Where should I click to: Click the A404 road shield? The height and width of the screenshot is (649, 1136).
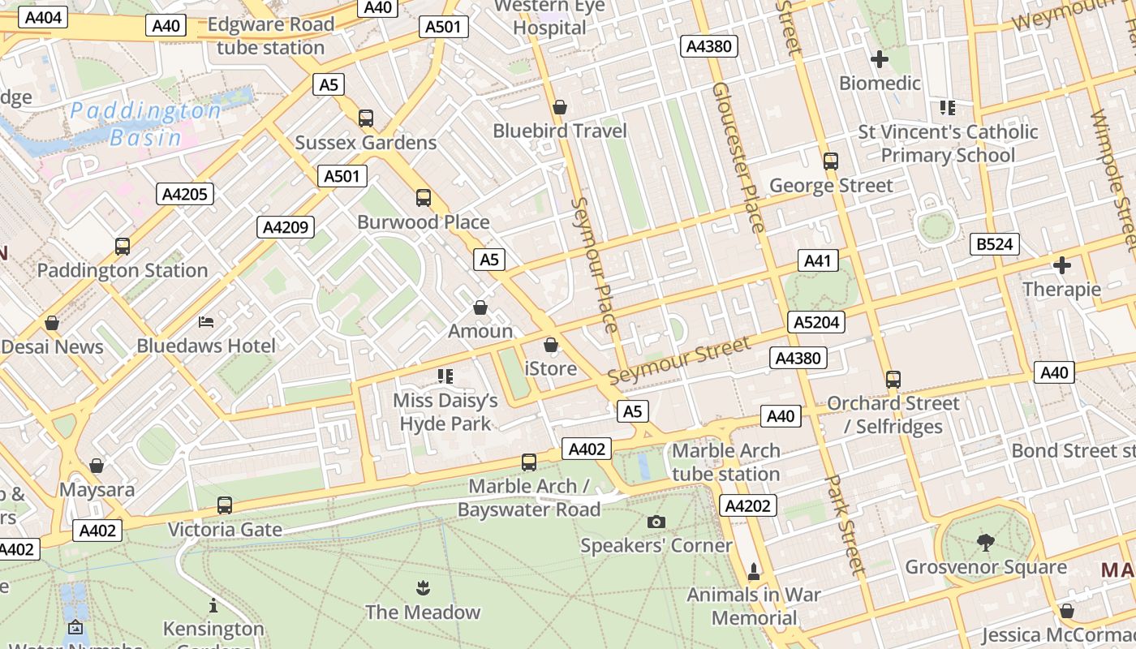click(41, 18)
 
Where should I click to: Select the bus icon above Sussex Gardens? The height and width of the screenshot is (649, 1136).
click(366, 118)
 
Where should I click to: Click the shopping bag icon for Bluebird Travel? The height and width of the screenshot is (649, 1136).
click(559, 107)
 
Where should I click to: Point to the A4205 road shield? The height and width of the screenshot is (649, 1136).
click(186, 194)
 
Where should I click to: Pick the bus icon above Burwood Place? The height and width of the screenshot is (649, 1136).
click(423, 198)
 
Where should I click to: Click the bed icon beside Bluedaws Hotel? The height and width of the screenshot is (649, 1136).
click(206, 322)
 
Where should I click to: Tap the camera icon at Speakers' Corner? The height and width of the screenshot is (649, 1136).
click(656, 522)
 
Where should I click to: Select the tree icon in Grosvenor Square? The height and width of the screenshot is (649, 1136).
click(986, 542)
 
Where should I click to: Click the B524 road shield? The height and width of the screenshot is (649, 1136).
click(995, 244)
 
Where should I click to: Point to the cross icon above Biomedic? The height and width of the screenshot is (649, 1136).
click(879, 59)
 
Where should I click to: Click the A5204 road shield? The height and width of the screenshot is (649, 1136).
click(816, 322)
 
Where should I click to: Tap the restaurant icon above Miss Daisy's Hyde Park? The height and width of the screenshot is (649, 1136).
click(445, 376)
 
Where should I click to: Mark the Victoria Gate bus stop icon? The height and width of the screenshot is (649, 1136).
click(225, 505)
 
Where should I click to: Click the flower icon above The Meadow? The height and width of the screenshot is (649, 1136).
click(422, 587)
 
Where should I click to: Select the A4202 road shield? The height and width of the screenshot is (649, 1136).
click(748, 505)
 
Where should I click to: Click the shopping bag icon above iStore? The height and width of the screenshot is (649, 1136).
click(551, 345)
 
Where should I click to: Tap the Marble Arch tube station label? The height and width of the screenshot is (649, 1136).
click(726, 462)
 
